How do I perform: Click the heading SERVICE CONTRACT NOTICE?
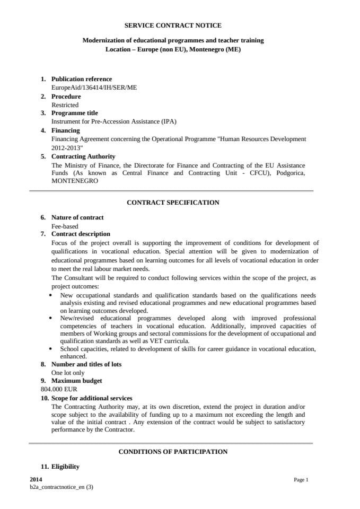(x=173, y=25)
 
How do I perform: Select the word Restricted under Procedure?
(x=65, y=105)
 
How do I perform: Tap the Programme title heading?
(x=74, y=113)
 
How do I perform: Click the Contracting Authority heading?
(x=83, y=156)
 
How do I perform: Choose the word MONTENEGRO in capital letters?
(x=75, y=181)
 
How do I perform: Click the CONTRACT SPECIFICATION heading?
(x=173, y=203)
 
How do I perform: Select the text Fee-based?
(x=65, y=226)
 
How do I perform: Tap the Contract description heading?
(x=81, y=234)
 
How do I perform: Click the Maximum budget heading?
(x=76, y=381)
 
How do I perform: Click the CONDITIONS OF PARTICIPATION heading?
(x=173, y=452)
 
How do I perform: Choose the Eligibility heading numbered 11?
(x=65, y=467)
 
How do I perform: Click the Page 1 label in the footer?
(x=301, y=480)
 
